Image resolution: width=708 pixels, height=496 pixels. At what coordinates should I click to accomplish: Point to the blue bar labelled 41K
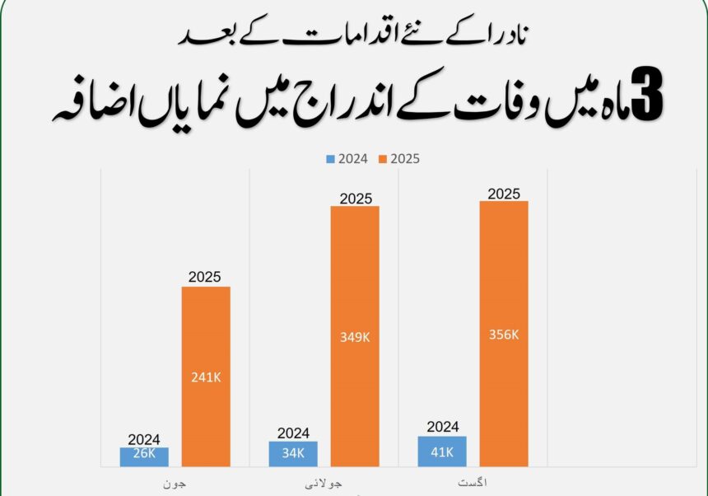pos(442,452)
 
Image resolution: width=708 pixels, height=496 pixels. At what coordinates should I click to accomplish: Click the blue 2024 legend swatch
pos(330,159)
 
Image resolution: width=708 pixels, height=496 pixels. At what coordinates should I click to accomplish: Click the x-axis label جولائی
pos(323,480)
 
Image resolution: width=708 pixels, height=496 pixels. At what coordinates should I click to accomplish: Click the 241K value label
pos(206,378)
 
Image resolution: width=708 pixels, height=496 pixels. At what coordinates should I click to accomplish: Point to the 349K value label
pos(355,336)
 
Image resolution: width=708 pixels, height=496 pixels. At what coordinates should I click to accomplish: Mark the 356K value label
pos(504,335)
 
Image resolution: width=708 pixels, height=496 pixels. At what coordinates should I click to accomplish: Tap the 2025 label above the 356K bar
pos(504,194)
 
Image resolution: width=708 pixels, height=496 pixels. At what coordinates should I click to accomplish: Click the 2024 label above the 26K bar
pos(144,440)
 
